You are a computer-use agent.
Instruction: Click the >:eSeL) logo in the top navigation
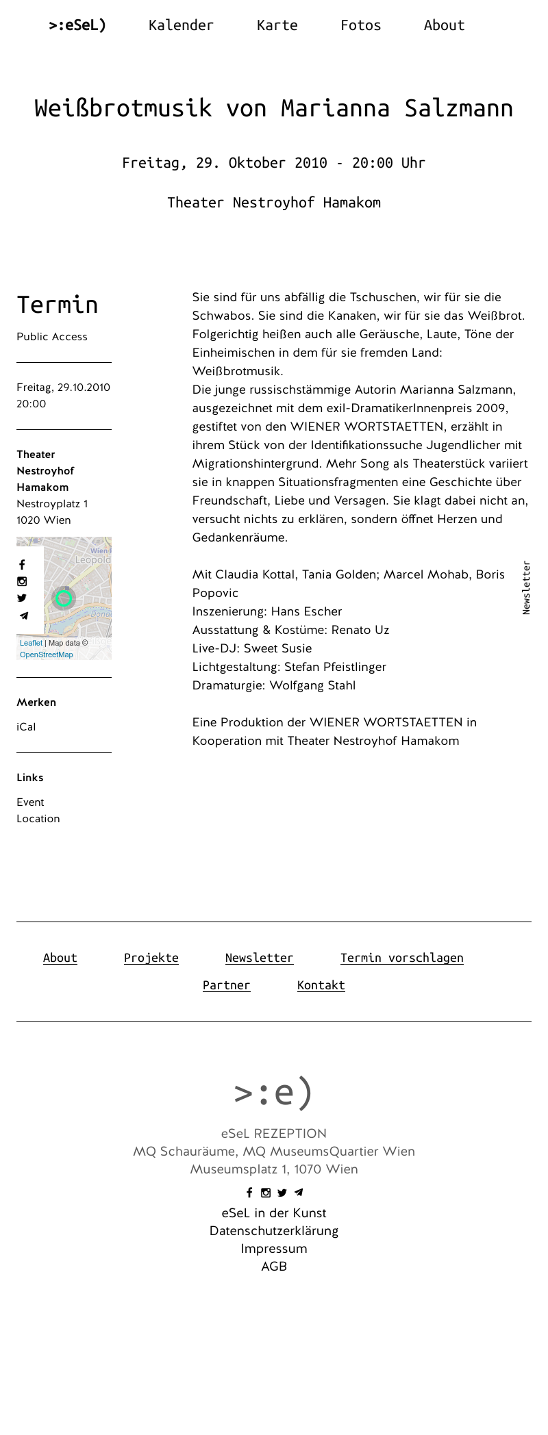coord(77,25)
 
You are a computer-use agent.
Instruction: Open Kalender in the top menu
coord(181,25)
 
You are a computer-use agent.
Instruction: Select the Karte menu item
coord(277,25)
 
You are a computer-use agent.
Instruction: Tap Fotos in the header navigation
coord(360,25)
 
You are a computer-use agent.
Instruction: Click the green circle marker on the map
coord(64,598)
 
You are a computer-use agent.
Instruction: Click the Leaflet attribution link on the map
coord(31,643)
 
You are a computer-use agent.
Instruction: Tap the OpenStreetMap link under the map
coord(46,655)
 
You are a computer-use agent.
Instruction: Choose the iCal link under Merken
coord(26,727)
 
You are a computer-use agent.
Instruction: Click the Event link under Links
coord(30,802)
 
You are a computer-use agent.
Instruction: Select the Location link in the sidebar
coord(38,819)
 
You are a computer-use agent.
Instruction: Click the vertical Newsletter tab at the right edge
coord(526,587)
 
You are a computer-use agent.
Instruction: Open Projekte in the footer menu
coord(151,958)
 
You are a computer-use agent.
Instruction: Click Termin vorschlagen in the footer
coord(401,958)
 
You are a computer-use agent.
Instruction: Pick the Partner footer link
coord(226,985)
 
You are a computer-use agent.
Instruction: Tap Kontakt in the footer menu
coord(321,985)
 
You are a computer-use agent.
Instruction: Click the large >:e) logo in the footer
coord(273,1093)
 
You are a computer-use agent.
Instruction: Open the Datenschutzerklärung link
coord(274,1231)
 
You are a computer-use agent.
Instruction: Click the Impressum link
coord(274,1249)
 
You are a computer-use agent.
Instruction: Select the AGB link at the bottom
coord(274,1267)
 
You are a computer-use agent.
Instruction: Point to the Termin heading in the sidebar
coord(58,305)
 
